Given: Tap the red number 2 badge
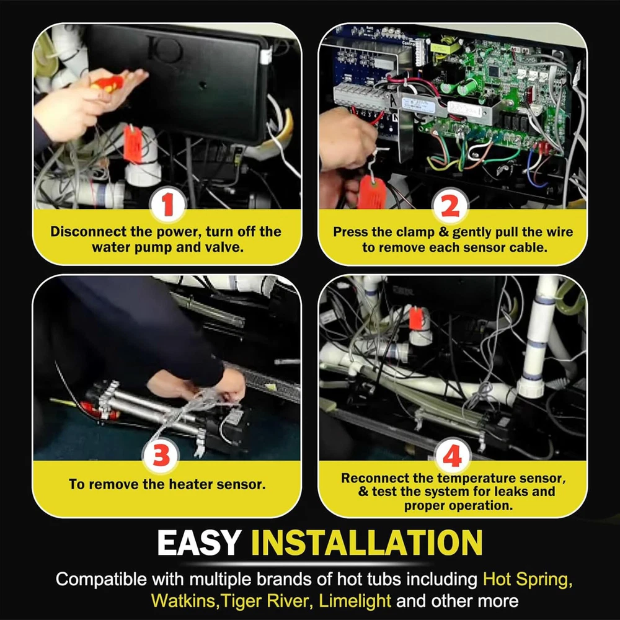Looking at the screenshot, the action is pyautogui.click(x=449, y=206).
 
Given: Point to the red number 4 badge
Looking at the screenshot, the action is pyautogui.click(x=452, y=456).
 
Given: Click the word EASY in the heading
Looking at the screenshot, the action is pyautogui.click(x=199, y=543).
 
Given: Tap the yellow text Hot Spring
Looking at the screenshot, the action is pyautogui.click(x=528, y=580).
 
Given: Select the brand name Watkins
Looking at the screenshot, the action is pyautogui.click(x=184, y=601).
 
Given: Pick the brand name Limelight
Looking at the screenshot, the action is pyautogui.click(x=355, y=601).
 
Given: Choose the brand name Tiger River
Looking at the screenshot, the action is pyautogui.click(x=264, y=601).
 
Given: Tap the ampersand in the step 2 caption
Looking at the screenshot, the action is pyautogui.click(x=443, y=232).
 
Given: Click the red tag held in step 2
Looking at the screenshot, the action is pyautogui.click(x=371, y=193).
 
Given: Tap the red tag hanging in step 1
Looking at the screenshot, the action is pyautogui.click(x=133, y=144).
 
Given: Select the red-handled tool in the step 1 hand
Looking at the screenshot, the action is pyautogui.click(x=107, y=84).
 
